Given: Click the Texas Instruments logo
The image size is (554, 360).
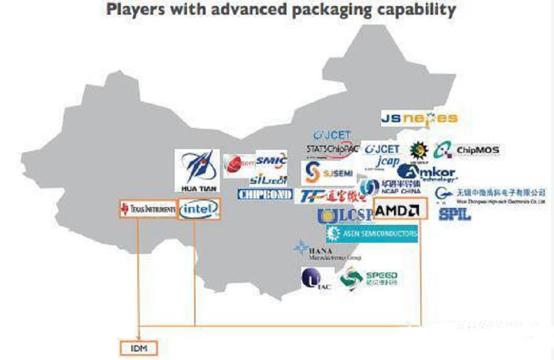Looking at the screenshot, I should (147, 209).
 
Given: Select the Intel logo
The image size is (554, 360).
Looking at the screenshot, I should (199, 209).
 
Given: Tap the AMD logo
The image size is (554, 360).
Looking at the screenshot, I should (398, 210).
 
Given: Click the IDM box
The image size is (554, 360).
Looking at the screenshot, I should (138, 348).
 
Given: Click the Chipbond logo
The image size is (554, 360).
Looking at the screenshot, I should (264, 194).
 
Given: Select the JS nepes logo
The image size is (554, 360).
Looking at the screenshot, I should (419, 118).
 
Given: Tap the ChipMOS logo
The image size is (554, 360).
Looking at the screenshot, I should (468, 150).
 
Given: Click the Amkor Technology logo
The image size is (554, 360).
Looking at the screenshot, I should (436, 173).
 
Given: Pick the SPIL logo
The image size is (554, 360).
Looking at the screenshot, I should (454, 214).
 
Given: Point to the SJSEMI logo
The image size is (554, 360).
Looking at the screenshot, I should (329, 173).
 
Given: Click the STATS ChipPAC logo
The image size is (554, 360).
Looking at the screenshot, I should (331, 149).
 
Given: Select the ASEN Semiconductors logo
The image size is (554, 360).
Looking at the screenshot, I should (372, 233).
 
